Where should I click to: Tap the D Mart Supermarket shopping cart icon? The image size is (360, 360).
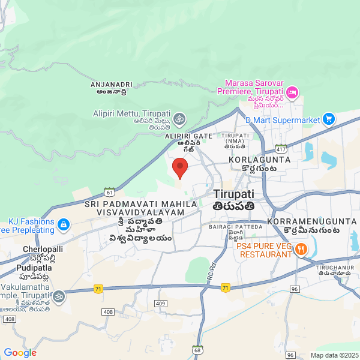tap(328, 119)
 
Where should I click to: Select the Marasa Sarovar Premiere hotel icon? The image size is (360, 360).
tap(292, 92)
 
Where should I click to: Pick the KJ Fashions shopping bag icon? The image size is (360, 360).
tap(64, 225)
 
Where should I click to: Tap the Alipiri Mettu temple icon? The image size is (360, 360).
tap(180, 118)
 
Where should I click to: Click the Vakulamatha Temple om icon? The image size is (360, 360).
tap(59, 296)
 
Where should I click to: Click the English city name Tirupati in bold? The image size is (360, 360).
tap(233, 194)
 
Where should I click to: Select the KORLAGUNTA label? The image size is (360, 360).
tap(260, 160)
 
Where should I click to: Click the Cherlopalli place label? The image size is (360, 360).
tap(43, 248)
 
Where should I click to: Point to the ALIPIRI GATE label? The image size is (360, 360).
tap(188, 136)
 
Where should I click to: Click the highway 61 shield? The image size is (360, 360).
tap(109, 191)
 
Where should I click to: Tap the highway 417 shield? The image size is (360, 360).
tap(280, 147)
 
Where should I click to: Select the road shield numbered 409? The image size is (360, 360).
tap(160, 304)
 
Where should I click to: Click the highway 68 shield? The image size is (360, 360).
tap(197, 350)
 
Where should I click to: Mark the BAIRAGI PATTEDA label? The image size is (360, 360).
tap(236, 227)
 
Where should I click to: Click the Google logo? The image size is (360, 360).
tap(20, 353)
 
